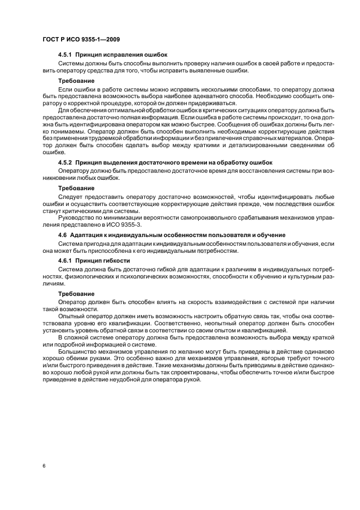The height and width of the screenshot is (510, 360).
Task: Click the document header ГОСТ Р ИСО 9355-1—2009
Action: click(x=81, y=39)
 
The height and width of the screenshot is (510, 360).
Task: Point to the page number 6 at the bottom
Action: click(x=44, y=466)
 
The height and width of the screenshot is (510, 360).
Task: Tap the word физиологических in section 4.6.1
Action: click(x=84, y=277)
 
